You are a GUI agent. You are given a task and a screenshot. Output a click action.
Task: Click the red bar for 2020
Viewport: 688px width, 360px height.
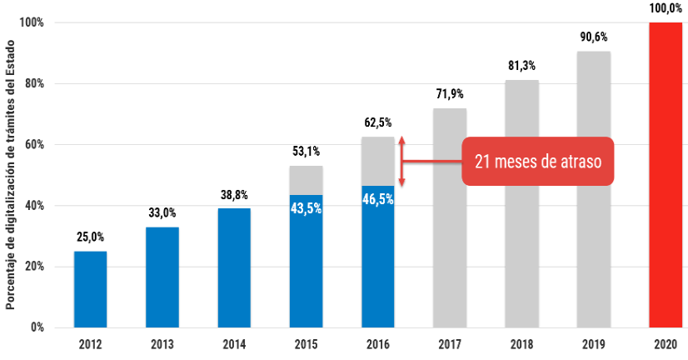click(665, 175)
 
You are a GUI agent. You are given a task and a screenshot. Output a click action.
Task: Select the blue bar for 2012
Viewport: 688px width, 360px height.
click(90, 288)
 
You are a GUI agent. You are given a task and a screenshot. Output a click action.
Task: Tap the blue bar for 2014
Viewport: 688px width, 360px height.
click(233, 267)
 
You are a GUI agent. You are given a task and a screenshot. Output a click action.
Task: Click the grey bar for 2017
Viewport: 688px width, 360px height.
click(450, 217)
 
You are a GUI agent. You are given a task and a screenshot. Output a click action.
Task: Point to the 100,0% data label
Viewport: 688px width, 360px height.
click(666, 9)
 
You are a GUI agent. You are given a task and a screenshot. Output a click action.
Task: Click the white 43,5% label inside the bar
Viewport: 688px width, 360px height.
click(306, 207)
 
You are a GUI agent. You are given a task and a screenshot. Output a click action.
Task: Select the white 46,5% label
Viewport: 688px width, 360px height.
click(377, 199)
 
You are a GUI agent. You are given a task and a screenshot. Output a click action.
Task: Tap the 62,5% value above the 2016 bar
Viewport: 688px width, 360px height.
click(377, 123)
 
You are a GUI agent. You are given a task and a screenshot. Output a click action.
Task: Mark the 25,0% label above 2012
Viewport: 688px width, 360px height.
click(90, 237)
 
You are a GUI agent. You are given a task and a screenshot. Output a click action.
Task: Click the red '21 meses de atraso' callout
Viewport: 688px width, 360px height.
click(537, 161)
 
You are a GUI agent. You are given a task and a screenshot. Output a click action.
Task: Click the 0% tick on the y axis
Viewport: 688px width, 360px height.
click(36, 327)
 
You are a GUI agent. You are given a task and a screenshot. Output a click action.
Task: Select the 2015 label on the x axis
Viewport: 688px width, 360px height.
click(306, 343)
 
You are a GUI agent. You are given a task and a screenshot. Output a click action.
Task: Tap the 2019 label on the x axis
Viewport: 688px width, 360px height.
click(593, 343)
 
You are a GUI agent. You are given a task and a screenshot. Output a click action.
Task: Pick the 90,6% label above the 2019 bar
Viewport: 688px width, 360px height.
click(593, 37)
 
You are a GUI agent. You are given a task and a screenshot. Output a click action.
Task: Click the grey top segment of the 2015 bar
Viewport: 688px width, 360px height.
click(306, 180)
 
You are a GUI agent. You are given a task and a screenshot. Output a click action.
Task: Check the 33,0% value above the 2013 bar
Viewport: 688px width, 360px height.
click(162, 213)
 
